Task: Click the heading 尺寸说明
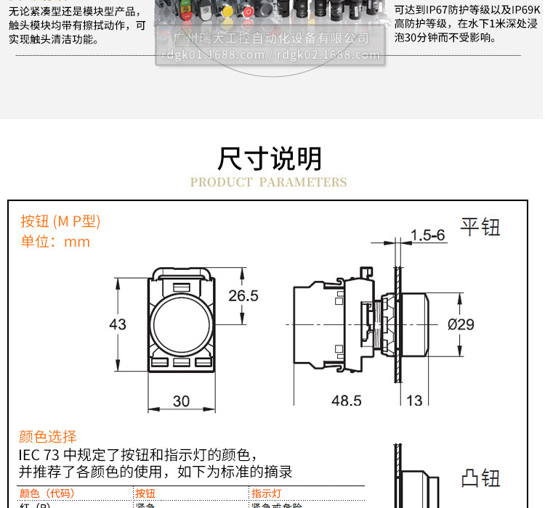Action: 270,158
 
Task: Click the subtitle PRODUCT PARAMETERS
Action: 268,182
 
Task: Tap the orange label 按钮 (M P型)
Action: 60,221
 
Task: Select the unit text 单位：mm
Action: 55,242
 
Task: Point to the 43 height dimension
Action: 118,324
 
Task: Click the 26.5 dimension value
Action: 243,296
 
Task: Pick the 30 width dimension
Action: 181,401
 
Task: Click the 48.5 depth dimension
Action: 347,401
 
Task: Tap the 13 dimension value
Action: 414,401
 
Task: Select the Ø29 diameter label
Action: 461,324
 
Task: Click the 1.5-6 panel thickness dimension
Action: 427,235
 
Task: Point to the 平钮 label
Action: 480,227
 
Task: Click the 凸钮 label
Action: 480,479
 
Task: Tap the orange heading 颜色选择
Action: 47,436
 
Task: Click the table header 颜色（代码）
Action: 47,493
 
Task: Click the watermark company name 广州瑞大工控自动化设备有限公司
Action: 273,38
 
